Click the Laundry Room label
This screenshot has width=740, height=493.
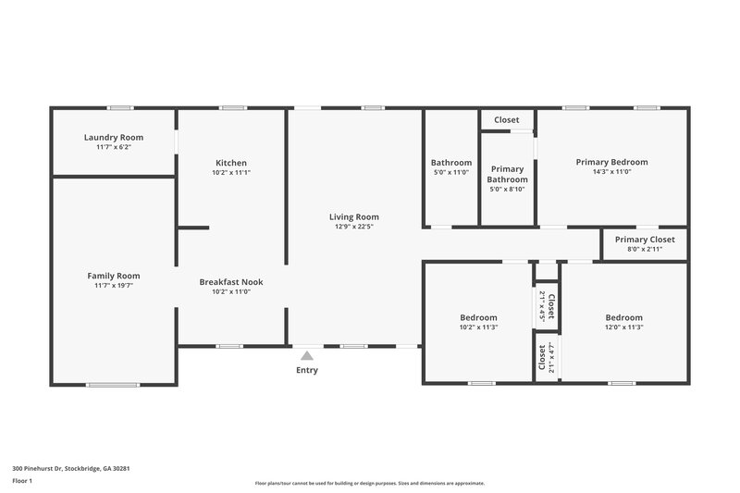click(x=114, y=137)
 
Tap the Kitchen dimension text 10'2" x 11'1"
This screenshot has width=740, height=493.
click(x=230, y=172)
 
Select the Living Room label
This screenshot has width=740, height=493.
click(x=354, y=217)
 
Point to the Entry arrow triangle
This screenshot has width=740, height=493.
click(x=306, y=355)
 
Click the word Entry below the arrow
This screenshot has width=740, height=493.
click(x=306, y=370)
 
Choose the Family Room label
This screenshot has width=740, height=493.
click(x=114, y=276)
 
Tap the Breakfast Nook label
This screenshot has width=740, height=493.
click(x=231, y=281)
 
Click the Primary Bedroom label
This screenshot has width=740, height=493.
click(x=611, y=162)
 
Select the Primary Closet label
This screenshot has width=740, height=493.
click(x=645, y=240)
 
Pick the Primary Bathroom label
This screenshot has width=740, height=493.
click(x=507, y=174)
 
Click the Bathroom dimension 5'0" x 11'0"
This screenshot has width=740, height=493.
click(x=450, y=172)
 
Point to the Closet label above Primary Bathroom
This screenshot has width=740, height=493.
click(x=506, y=120)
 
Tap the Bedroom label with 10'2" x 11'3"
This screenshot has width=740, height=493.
click(x=478, y=317)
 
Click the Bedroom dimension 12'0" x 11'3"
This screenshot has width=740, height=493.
click(x=623, y=327)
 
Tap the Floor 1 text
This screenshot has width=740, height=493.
click(x=21, y=481)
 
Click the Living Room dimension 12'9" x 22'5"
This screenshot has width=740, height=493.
click(x=354, y=228)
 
